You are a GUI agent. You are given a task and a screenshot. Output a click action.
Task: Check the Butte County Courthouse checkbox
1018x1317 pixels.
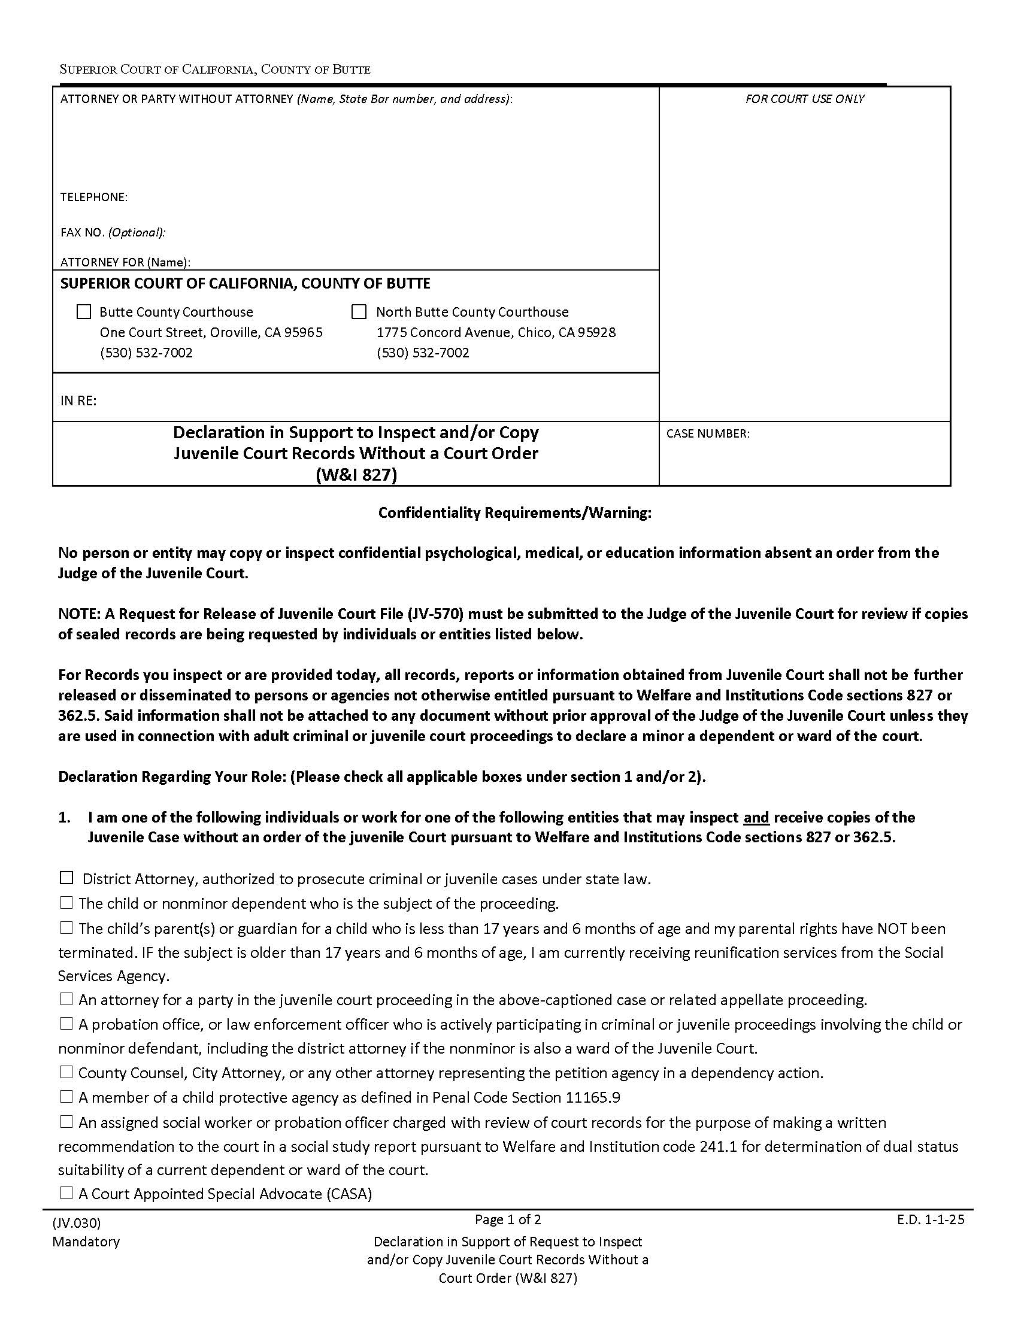(x=84, y=312)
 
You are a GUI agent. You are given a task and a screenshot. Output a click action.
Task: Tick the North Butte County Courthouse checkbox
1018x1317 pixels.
(x=359, y=312)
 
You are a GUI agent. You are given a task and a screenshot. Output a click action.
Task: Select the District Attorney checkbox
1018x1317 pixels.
(x=66, y=878)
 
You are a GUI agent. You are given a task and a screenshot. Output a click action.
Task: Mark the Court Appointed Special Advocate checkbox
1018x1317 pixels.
(x=66, y=1192)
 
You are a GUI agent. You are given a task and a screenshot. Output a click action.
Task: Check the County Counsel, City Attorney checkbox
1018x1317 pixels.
(x=66, y=1072)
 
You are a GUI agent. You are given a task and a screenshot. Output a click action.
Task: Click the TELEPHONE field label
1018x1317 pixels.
(x=93, y=197)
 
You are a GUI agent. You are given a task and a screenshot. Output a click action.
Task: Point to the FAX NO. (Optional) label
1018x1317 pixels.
(x=113, y=232)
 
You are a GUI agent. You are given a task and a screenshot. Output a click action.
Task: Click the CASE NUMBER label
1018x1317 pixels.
(x=707, y=433)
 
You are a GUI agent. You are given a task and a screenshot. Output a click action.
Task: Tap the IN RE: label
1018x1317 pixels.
(x=78, y=400)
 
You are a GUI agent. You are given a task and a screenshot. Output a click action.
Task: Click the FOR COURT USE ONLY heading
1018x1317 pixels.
(x=804, y=99)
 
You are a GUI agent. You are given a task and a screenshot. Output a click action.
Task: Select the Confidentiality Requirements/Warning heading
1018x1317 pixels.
(x=514, y=512)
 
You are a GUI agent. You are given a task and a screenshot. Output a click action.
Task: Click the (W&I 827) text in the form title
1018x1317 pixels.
(x=356, y=475)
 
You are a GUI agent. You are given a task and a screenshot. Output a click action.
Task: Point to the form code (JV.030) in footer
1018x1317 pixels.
(x=77, y=1222)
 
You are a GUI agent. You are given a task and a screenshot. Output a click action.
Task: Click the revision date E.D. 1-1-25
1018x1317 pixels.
(x=931, y=1219)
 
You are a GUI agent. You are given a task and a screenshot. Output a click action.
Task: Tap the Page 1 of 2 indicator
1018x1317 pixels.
(x=508, y=1219)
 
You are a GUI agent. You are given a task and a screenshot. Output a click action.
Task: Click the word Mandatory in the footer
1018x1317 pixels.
(x=86, y=1242)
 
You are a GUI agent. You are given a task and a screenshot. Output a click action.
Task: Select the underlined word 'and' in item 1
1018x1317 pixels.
(x=756, y=817)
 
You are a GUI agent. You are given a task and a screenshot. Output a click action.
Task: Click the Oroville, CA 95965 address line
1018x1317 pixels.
(x=211, y=332)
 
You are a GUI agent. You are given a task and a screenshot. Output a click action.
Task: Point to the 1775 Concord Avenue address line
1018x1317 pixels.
(x=496, y=332)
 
